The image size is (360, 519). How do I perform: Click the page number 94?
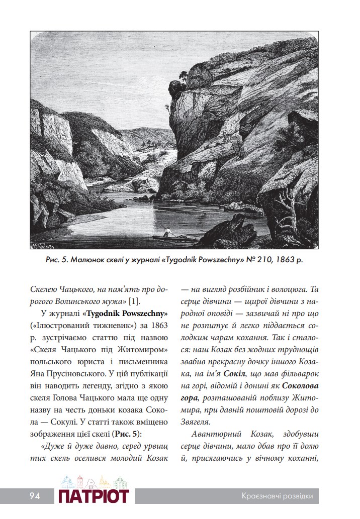[34, 496]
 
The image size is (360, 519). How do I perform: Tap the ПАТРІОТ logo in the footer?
[94, 496]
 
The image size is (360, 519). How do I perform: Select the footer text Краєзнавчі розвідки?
[277, 496]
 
